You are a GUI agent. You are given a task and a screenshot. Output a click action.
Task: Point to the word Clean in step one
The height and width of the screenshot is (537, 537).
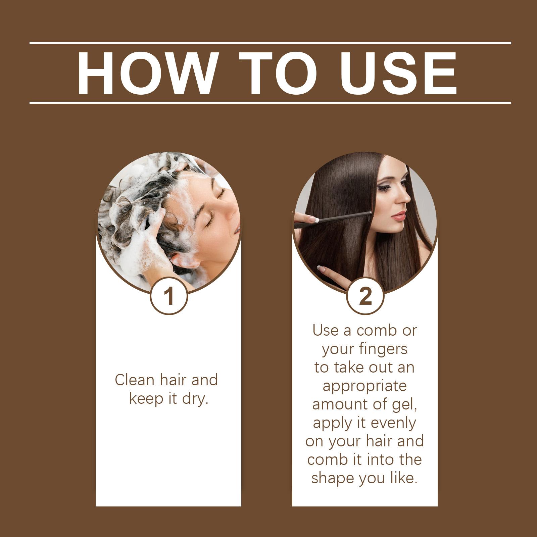[x=135, y=380]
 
